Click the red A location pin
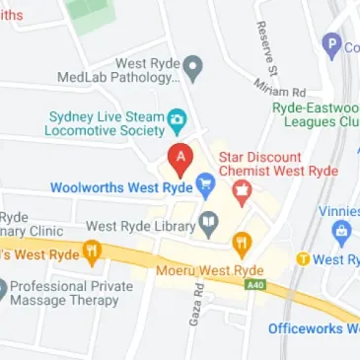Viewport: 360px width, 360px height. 180,158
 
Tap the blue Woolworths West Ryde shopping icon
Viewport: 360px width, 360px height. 205,184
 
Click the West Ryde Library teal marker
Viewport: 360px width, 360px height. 208,224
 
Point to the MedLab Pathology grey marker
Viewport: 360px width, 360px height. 193,69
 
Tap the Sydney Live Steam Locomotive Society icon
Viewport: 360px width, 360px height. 177,121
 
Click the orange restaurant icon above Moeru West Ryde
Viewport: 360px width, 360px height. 242,244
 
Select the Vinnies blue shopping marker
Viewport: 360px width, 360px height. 343,235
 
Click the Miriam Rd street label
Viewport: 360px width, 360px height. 287,91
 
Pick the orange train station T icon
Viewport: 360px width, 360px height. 304,259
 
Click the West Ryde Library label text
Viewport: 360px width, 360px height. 140,226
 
